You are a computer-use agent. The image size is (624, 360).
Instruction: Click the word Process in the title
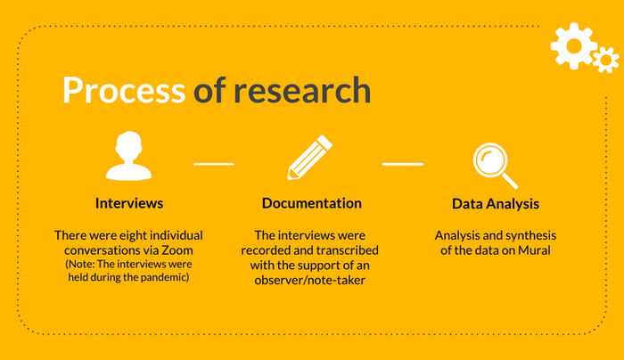coord(124,90)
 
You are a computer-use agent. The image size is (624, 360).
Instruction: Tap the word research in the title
coord(302,90)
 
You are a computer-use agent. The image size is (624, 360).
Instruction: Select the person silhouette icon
coord(128,156)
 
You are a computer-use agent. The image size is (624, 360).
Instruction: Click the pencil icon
coord(310,158)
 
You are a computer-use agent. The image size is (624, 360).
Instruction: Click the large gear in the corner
coord(574,45)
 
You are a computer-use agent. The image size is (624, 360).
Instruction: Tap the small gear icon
coord(605,60)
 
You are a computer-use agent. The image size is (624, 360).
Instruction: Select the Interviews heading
coord(129,203)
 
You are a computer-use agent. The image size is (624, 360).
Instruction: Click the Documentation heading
coord(312,203)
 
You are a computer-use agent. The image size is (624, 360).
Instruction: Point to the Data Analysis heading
coord(496,204)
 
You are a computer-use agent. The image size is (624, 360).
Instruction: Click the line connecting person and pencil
coord(214,164)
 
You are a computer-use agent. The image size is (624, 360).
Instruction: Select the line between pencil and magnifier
coord(403,164)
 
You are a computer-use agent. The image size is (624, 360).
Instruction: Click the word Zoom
coord(177,250)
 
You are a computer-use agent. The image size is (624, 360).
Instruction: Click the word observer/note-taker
coord(309,280)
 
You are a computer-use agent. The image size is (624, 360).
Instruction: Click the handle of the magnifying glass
coord(510,181)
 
